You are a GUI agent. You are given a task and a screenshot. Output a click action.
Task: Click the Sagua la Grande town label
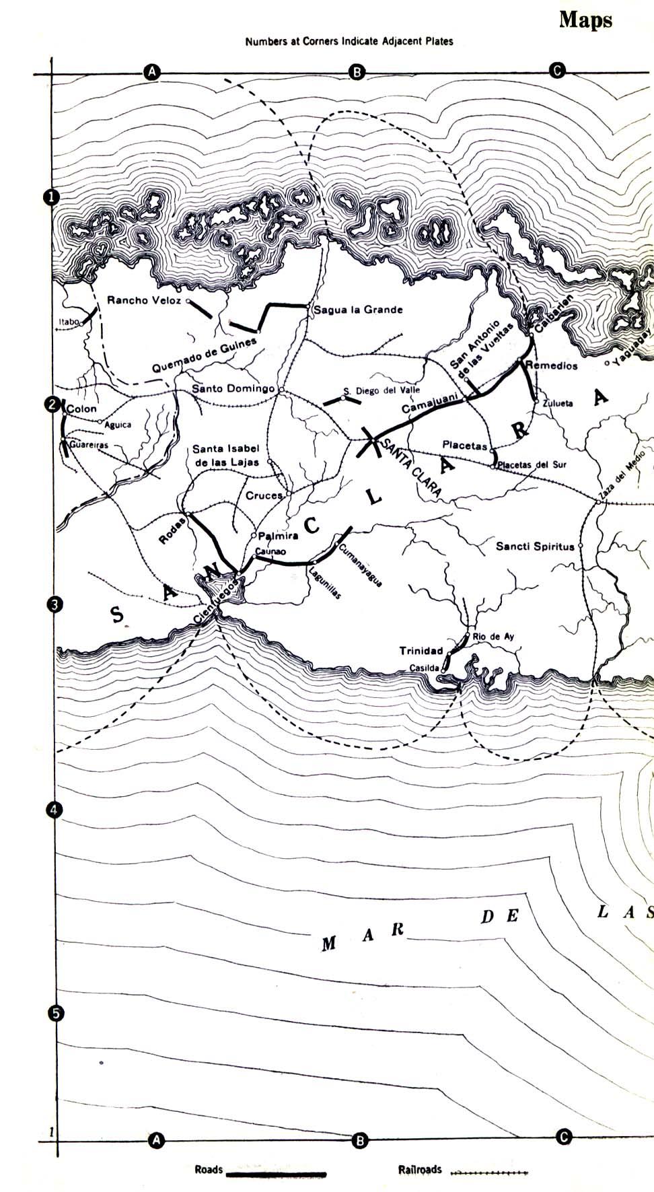(359, 310)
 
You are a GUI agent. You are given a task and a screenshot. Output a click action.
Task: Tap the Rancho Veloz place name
(144, 300)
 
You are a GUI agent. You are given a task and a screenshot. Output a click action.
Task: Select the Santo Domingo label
(233, 389)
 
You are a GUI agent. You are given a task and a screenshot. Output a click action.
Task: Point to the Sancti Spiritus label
(535, 547)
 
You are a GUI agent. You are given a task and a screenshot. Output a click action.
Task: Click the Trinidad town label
(421, 651)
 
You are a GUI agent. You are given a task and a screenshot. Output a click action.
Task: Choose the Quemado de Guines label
(205, 356)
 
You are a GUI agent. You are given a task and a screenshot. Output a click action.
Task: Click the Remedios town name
(552, 365)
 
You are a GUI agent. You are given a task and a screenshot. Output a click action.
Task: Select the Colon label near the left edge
(82, 409)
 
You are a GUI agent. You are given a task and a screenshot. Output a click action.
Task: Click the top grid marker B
(357, 72)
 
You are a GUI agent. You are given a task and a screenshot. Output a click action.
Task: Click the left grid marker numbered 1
(52, 197)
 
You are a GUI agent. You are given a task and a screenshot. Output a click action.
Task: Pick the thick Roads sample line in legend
(276, 1175)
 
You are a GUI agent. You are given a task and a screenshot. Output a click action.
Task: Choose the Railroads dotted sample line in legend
(488, 1173)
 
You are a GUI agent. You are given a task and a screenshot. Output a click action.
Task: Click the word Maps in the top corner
(585, 20)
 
